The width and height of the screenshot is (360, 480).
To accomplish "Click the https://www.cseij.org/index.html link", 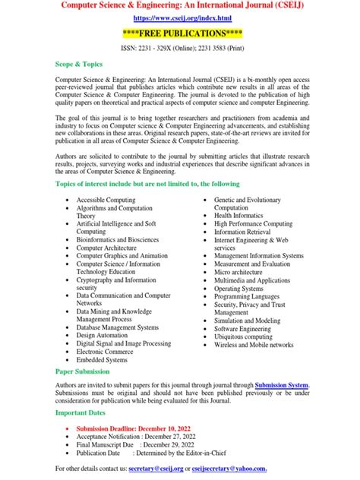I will (x=181, y=17).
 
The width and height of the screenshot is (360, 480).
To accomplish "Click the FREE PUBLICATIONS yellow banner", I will (x=181, y=33).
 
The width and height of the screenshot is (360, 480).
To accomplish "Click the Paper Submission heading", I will (x=83, y=372).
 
